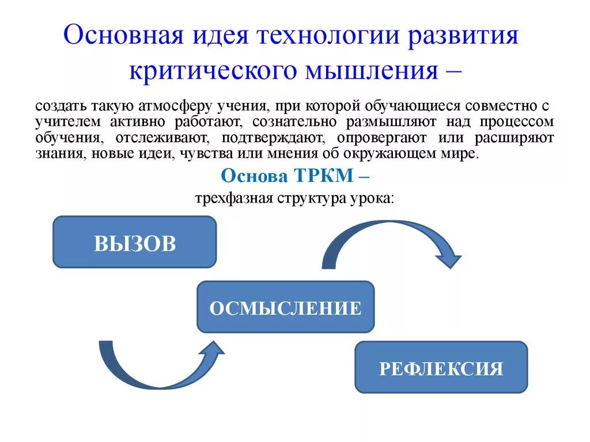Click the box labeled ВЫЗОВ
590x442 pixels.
pyautogui.click(x=134, y=242)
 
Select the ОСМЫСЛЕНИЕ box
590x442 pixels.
pyautogui.click(x=285, y=307)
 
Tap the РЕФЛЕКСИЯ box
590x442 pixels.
pyautogui.click(x=441, y=367)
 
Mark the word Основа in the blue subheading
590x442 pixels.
pyautogui.click(x=249, y=176)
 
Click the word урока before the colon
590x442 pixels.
pyautogui.click(x=372, y=198)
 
